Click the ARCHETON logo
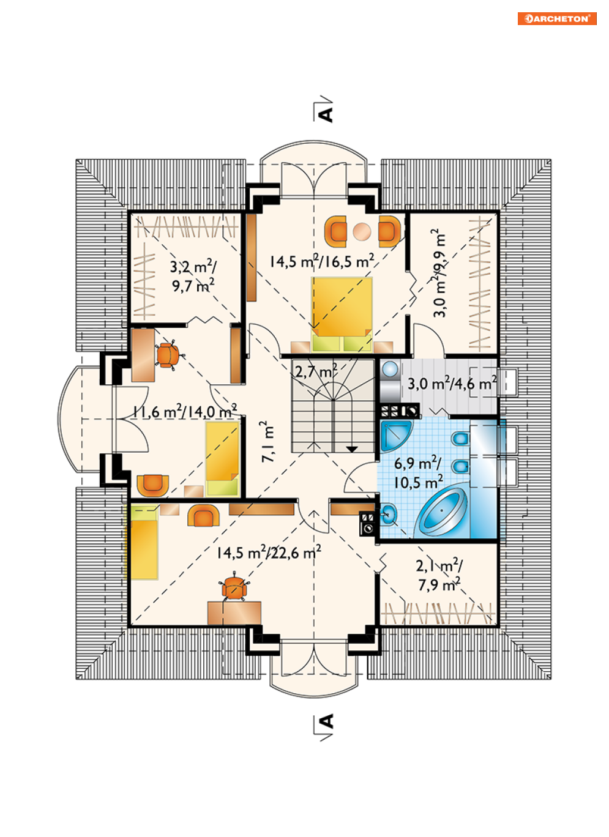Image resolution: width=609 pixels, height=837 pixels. click(556, 19)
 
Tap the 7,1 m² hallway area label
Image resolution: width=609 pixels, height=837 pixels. click(267, 442)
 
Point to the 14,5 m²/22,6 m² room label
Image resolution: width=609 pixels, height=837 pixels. click(269, 552)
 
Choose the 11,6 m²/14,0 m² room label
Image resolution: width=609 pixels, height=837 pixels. click(185, 411)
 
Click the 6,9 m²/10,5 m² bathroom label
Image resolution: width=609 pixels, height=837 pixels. click(418, 473)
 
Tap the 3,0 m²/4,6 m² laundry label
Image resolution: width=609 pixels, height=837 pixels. click(452, 383)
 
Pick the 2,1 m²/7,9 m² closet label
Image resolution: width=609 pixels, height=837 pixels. click(439, 575)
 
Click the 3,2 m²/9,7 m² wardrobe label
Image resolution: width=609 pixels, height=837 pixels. click(193, 276)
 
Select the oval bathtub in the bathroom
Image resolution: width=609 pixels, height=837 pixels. click(442, 512)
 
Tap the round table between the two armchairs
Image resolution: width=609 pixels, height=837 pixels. click(362, 231)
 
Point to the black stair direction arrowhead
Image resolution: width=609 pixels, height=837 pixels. click(352, 449)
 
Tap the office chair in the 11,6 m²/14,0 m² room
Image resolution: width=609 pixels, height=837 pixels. click(168, 355)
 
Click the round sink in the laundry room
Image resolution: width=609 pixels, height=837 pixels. click(390, 369)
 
